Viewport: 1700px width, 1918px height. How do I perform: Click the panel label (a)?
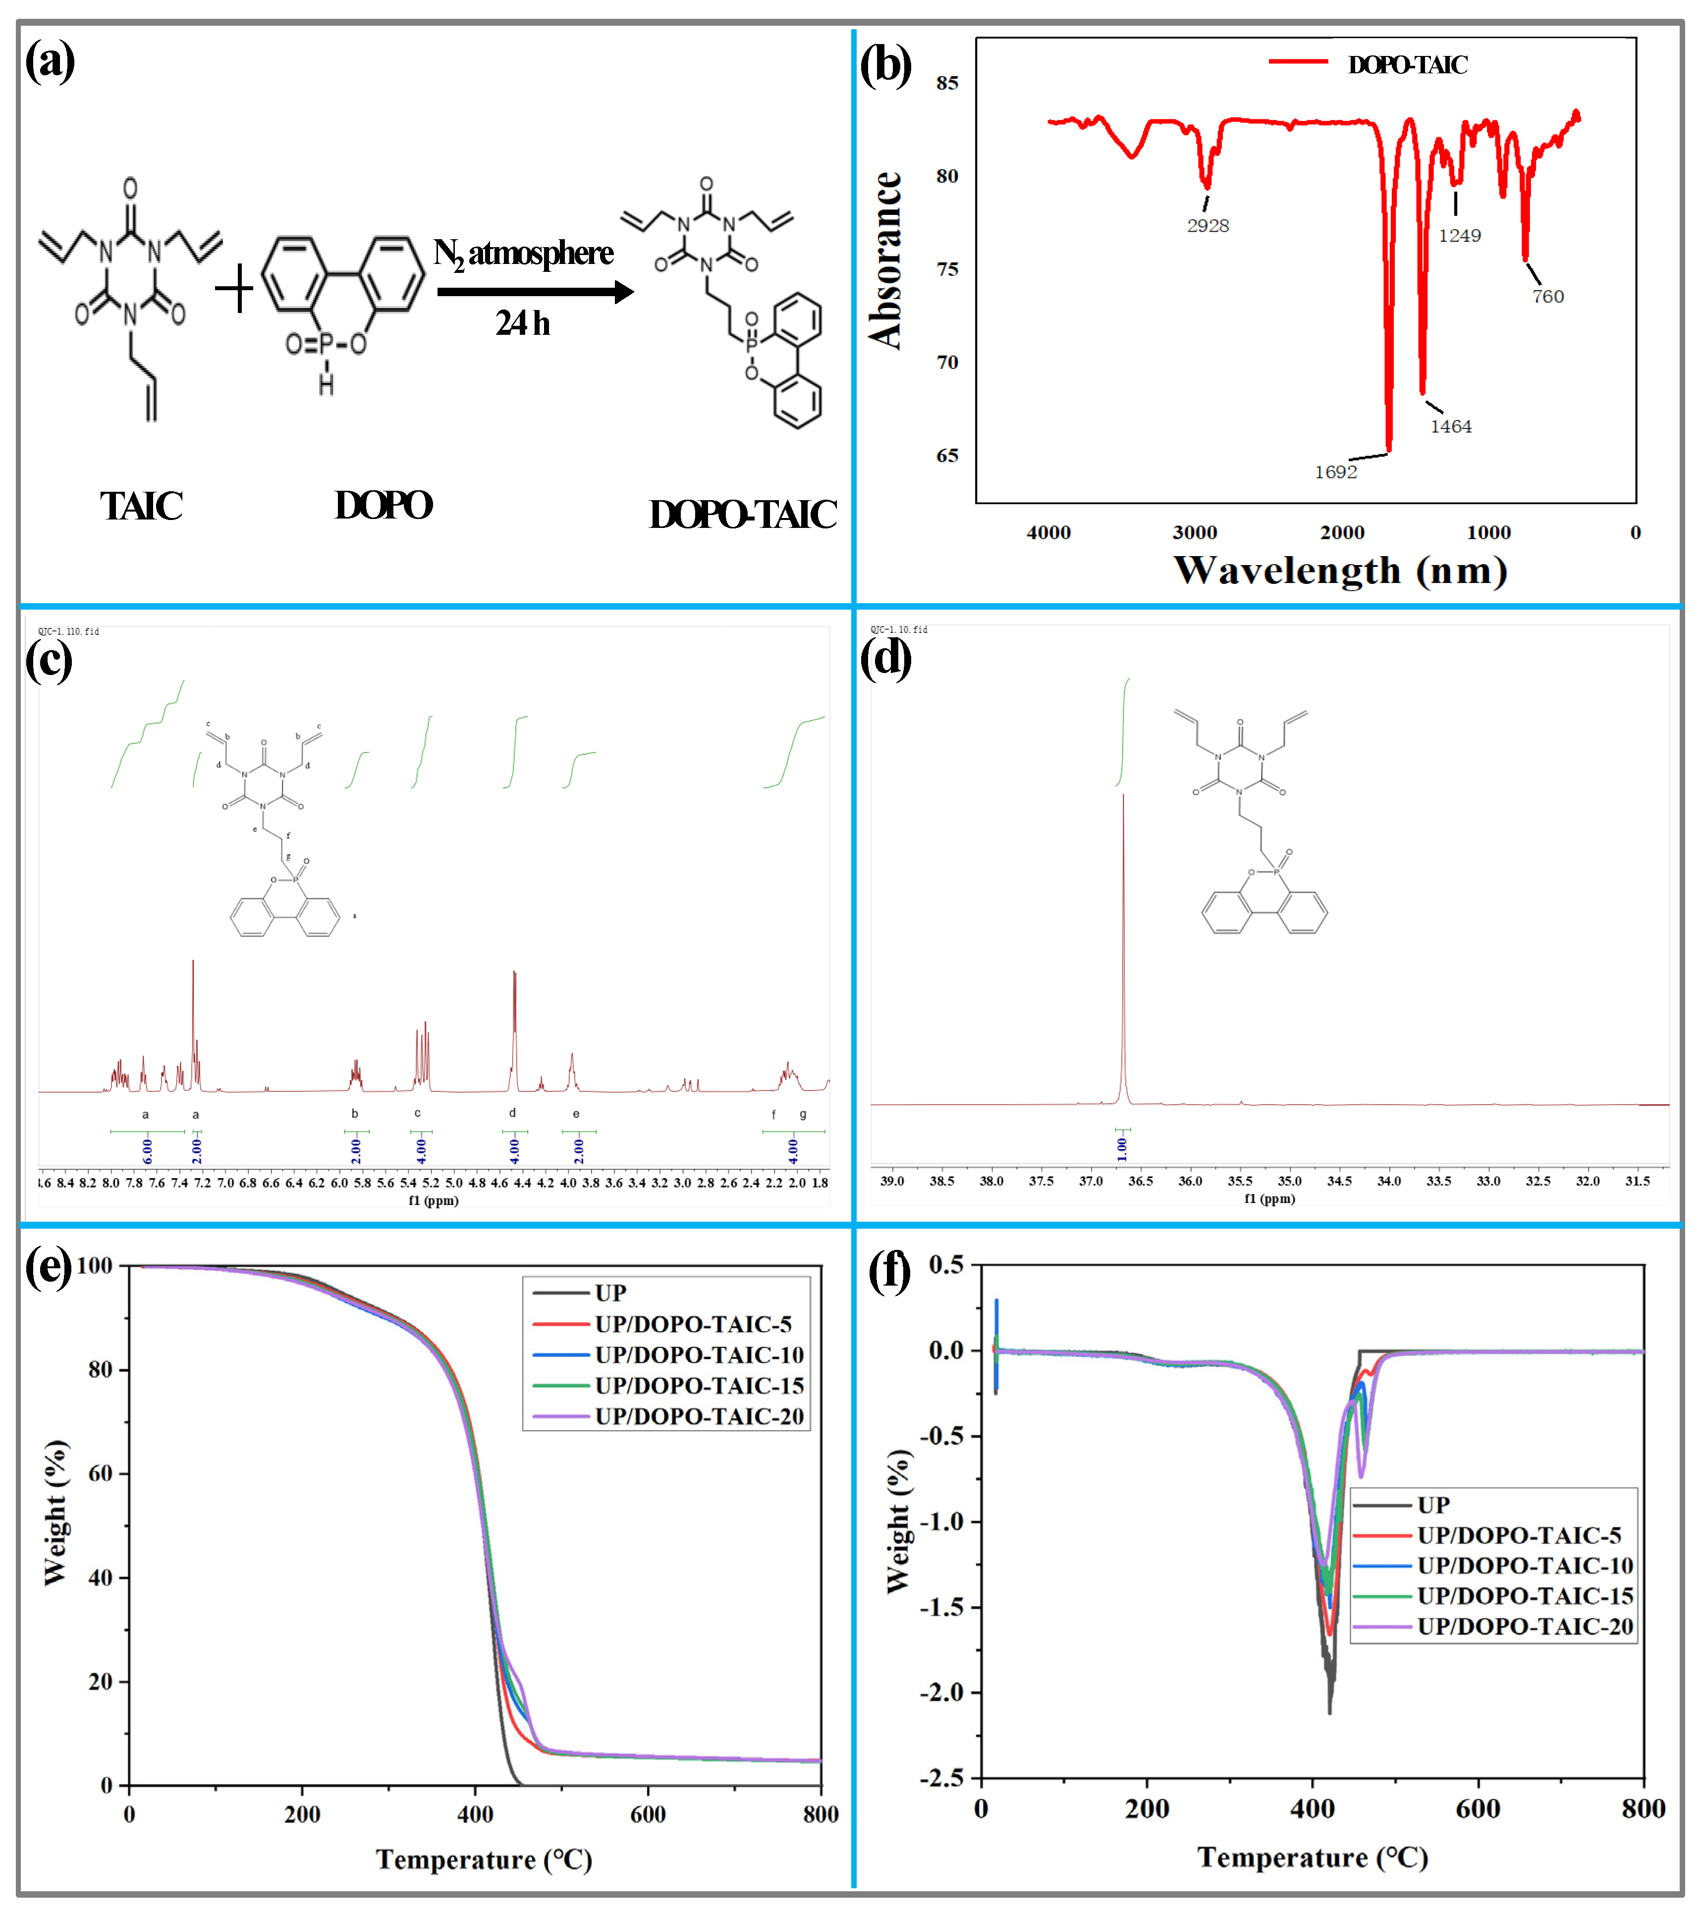coord(50,62)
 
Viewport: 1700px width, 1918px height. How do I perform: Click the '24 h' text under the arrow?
coord(523,324)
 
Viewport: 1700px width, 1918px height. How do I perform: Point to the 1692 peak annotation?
coord(1335,472)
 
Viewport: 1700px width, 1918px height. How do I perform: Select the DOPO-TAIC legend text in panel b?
coord(1407,65)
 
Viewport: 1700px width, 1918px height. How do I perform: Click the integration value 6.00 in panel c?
coord(147,1150)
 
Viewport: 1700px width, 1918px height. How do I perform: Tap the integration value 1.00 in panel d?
coord(1122,1146)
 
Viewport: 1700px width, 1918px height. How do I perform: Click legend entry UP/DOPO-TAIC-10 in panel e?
coord(699,1355)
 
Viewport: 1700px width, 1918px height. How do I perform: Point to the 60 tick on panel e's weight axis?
coord(101,1473)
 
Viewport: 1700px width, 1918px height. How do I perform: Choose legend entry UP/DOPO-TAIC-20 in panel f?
coord(1525,1626)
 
